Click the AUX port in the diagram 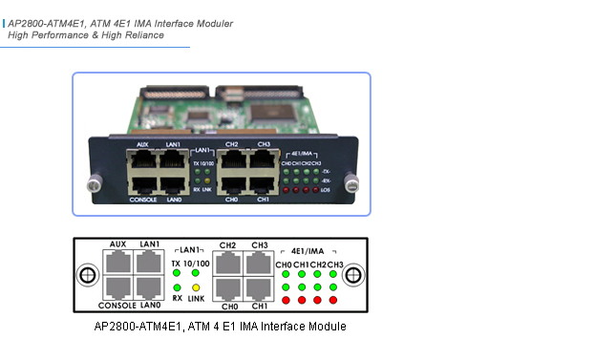coord(118,261)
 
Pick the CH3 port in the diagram coord(258,261)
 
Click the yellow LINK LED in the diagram coord(195,286)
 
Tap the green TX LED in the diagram coord(177,273)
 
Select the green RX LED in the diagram coord(177,286)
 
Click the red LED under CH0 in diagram coord(285,300)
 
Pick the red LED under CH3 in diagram coord(332,300)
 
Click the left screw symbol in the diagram coord(86,275)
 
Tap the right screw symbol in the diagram coord(353,275)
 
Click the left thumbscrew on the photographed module coord(95,182)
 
